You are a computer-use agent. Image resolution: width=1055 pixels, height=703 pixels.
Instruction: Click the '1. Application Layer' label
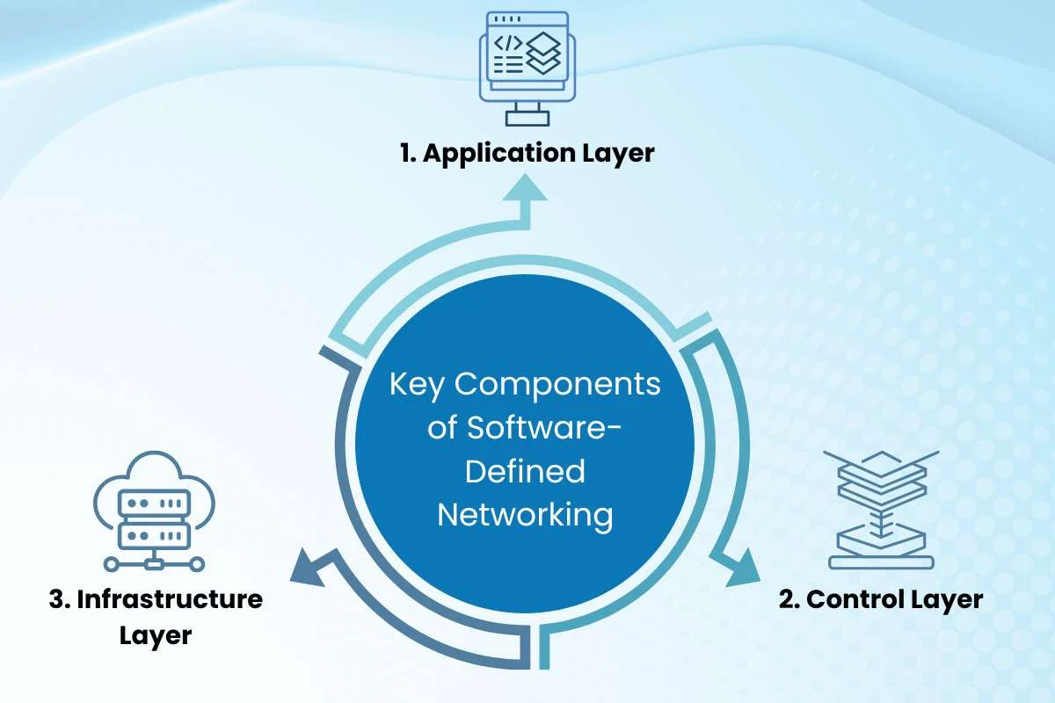pos(527,154)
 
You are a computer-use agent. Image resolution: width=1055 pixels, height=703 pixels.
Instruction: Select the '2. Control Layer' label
pos(881,600)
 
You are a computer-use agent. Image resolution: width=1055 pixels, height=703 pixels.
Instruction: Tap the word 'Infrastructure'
pos(170,599)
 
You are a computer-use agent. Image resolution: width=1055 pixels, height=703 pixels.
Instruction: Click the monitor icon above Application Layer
pos(527,69)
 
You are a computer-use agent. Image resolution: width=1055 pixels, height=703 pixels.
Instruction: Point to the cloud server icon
pos(154,511)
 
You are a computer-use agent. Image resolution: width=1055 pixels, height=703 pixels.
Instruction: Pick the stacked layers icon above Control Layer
pos(881,510)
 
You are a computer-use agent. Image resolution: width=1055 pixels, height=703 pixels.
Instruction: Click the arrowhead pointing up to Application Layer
pos(525,187)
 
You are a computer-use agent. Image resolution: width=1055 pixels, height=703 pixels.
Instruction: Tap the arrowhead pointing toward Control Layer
pos(742,569)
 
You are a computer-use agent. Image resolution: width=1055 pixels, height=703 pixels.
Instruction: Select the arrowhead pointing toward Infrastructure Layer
pos(308,569)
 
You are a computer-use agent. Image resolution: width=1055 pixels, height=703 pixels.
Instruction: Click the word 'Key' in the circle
pos(417,385)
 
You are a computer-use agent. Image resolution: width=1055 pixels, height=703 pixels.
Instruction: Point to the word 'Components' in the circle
pos(557,385)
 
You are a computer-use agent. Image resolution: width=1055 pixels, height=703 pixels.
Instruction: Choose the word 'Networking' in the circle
pos(525,516)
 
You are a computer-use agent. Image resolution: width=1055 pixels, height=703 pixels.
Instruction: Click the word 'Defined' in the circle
pos(525,472)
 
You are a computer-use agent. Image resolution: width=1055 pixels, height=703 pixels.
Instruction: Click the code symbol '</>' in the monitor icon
pos(508,44)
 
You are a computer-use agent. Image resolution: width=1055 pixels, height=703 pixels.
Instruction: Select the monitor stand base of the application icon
pos(527,118)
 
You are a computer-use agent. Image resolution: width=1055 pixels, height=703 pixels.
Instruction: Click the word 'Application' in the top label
pos(499,154)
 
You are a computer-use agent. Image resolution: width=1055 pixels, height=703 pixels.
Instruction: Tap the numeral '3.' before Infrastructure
pos(60,600)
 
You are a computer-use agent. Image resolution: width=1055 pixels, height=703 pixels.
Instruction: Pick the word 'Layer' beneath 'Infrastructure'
pos(156,636)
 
